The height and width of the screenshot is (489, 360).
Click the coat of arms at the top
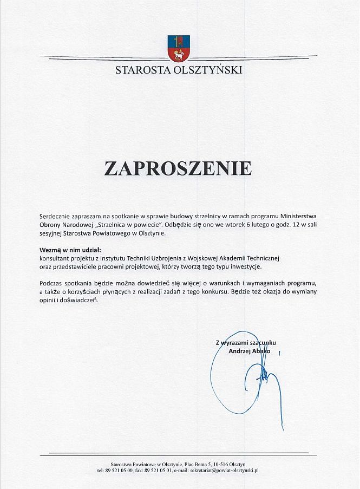(x=179, y=48)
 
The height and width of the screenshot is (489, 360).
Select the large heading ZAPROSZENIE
(x=178, y=168)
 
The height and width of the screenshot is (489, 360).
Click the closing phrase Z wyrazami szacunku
(x=246, y=343)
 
